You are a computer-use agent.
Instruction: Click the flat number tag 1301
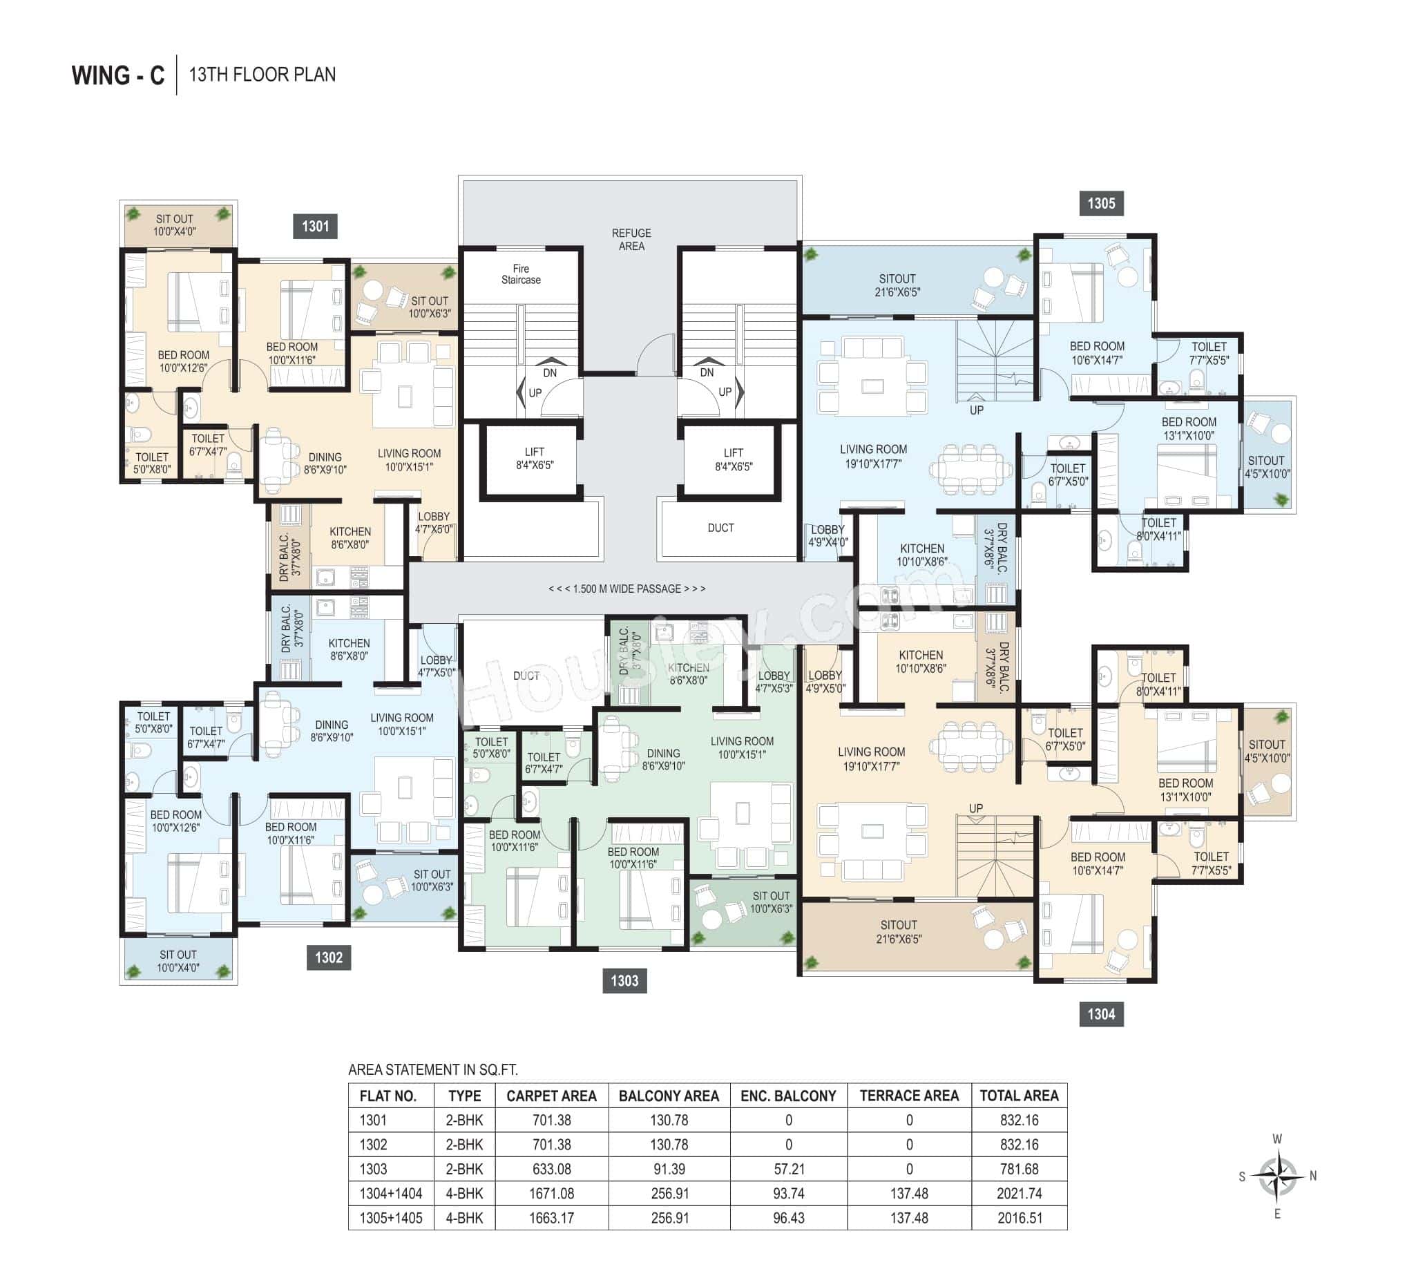coord(315,226)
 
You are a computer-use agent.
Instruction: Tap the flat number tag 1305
coord(1100,204)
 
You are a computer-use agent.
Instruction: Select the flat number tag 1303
coord(624,981)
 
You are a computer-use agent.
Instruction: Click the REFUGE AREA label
coord(631,240)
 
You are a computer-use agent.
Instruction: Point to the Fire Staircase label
coord(521,274)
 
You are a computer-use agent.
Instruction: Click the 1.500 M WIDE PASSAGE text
coord(627,589)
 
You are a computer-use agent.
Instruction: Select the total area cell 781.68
coord(1019,1169)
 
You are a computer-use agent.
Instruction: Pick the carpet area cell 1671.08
coord(551,1194)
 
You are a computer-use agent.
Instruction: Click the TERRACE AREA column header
coord(908,1096)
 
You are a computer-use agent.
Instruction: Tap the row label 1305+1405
coord(391,1219)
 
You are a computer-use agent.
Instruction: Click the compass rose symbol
coord(1277,1176)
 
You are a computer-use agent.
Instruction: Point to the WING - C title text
coord(118,75)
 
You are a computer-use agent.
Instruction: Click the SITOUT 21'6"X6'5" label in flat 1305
coord(897,285)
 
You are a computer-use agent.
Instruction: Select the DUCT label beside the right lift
coord(720,528)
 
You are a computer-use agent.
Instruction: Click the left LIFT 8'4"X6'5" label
coord(534,459)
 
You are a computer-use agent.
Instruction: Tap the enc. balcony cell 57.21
coord(788,1169)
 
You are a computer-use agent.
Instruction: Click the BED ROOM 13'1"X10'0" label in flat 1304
coord(1185,790)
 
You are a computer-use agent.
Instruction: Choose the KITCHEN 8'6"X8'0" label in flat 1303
coord(688,674)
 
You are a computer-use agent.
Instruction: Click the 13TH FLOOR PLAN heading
coord(262,75)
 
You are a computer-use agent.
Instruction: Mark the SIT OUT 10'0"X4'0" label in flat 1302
coord(178,962)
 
